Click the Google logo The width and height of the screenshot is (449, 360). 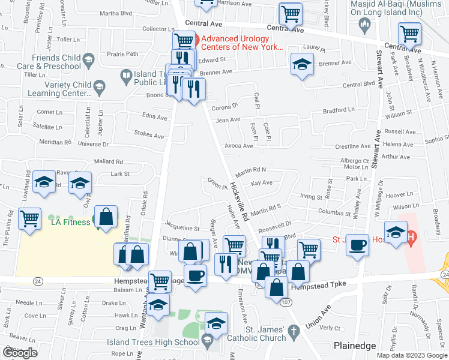pos(20,353)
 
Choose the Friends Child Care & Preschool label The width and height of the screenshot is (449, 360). pos(48,62)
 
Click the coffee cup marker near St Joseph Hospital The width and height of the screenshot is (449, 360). pos(357,246)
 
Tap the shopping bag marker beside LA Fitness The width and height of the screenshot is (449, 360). pos(106,218)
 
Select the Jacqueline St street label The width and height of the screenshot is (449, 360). pos(182,228)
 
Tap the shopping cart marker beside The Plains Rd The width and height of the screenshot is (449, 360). pos(29,219)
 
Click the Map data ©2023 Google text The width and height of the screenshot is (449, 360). pos(411,355)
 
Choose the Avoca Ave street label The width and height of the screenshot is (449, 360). pos(239,146)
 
